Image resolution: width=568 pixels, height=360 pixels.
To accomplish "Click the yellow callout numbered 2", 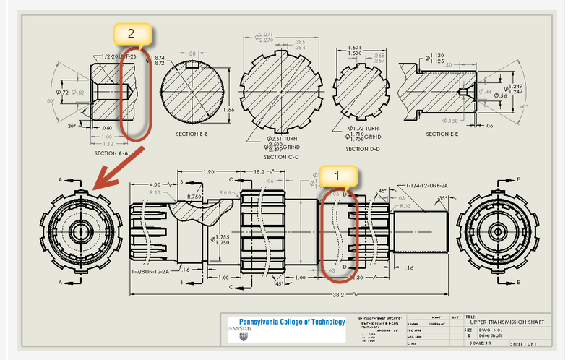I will point(131,33).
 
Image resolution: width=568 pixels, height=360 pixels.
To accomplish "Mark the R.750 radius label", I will point(194,197).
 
